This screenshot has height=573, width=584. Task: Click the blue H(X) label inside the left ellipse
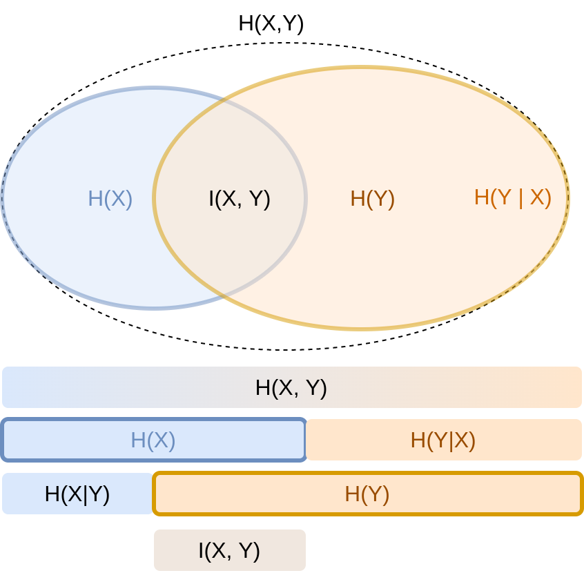(110, 199)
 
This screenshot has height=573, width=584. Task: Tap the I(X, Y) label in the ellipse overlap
(240, 199)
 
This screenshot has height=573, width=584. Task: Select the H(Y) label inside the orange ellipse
(372, 199)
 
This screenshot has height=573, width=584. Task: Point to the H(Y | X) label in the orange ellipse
(512, 197)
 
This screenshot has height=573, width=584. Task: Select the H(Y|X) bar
(443, 440)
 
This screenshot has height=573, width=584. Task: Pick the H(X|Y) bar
(77, 494)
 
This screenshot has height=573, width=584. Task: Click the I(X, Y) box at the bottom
(230, 550)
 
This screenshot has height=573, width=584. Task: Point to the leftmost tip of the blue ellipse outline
(2, 198)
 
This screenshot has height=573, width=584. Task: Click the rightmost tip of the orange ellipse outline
(568, 198)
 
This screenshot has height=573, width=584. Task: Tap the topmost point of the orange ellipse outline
(361, 68)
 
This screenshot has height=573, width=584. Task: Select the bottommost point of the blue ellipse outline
(154, 307)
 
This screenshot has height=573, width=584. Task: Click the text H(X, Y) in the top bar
(291, 387)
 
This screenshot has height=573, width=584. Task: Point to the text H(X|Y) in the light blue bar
(77, 494)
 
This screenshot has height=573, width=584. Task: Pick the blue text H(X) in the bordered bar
(153, 440)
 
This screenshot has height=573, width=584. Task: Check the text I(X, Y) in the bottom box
(229, 550)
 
